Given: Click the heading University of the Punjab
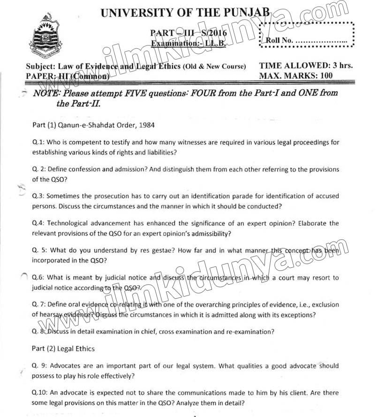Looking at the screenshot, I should (185, 13).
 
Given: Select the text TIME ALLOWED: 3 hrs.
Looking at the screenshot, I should (306, 66).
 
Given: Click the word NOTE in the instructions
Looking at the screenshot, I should (46, 93).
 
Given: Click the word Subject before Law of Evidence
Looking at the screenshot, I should (40, 66).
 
